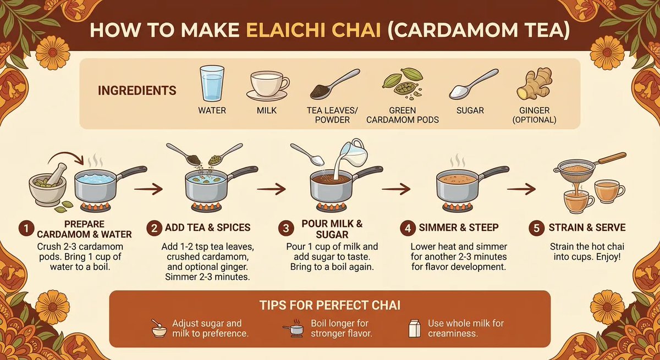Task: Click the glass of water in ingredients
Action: click(212, 84)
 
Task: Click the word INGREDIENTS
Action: click(137, 90)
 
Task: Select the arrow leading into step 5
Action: click(521, 189)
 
